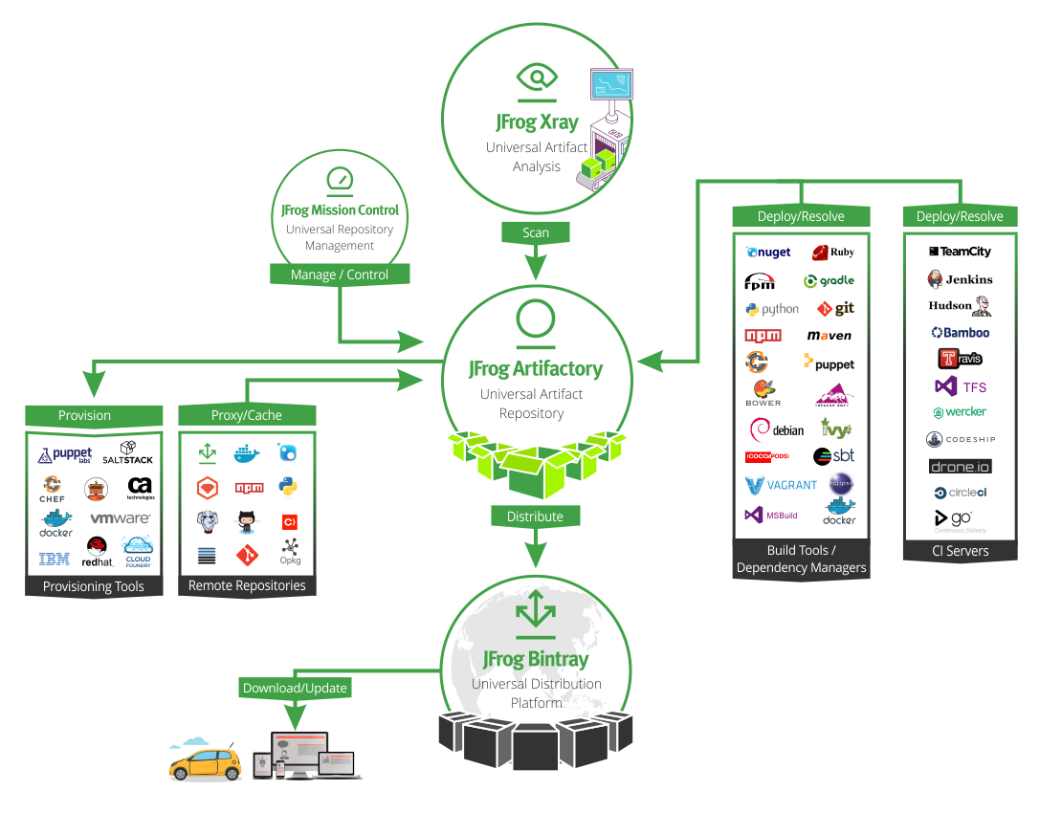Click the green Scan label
point(536,232)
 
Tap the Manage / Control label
point(340,275)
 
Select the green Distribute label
point(535,516)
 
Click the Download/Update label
point(295,688)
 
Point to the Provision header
point(84,415)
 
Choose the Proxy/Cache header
point(247,415)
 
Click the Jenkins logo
point(960,279)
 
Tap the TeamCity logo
point(960,252)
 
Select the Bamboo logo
point(961,333)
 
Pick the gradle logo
point(829,281)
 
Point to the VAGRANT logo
point(782,485)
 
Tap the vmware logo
point(121,518)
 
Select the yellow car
point(205,762)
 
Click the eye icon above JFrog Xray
point(536,77)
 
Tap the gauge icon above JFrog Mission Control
point(341,179)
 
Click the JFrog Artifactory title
point(536,368)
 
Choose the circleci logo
point(960,493)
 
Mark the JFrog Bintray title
point(536,659)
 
